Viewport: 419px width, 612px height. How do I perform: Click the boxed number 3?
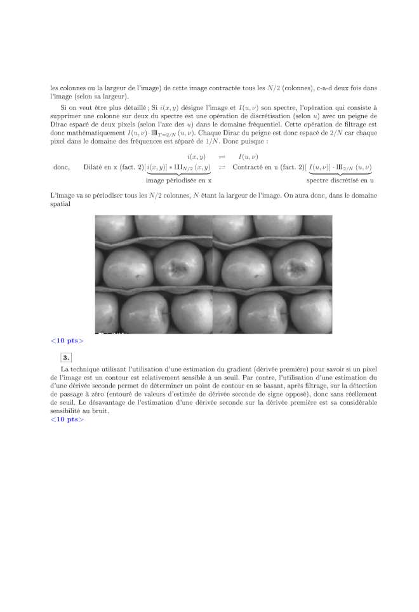[x=66, y=357]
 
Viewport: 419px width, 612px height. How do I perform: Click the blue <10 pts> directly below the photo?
[x=67, y=341]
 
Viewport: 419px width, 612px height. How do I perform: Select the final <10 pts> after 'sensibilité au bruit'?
[x=67, y=419]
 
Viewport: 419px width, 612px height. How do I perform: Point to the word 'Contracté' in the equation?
[x=250, y=167]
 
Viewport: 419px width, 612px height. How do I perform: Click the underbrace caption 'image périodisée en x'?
[x=178, y=180]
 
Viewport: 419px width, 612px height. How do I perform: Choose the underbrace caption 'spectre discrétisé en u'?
[x=340, y=180]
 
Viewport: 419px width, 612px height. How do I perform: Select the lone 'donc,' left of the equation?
[x=62, y=167]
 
